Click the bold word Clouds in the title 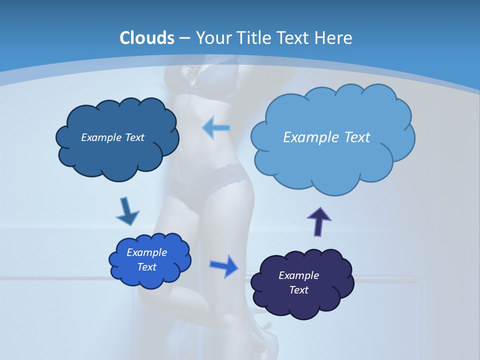(147, 38)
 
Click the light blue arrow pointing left (216, 128)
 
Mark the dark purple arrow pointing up (319, 221)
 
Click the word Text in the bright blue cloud (147, 267)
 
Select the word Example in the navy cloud (298, 275)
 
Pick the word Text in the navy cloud (298, 290)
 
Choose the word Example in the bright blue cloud (146, 252)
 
